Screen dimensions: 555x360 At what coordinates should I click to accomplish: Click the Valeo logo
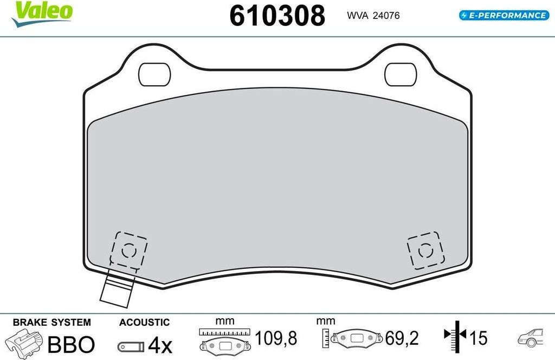(42, 14)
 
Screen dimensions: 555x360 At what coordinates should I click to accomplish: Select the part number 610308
(277, 16)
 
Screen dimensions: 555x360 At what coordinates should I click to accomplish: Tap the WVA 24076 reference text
(373, 16)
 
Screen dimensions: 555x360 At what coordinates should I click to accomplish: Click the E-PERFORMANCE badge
(504, 15)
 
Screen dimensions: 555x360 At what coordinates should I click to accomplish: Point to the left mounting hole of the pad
(154, 74)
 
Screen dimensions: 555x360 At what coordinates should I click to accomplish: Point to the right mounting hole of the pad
(401, 74)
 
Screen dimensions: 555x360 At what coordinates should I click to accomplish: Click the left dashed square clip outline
(128, 250)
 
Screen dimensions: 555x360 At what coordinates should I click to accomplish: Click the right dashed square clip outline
(426, 250)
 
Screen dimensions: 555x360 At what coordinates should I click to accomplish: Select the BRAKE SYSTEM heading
(51, 323)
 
